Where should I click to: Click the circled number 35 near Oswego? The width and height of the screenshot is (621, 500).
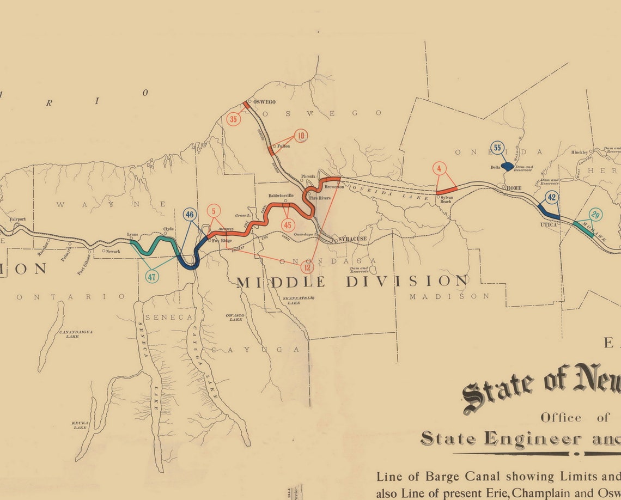pyautogui.click(x=234, y=119)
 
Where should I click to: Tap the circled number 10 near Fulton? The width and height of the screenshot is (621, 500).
pyautogui.click(x=301, y=136)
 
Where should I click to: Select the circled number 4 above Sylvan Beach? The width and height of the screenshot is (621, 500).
pyautogui.click(x=440, y=169)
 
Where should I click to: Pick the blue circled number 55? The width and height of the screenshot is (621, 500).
pyautogui.click(x=497, y=148)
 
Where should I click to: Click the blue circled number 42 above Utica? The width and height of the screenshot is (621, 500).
pyautogui.click(x=552, y=197)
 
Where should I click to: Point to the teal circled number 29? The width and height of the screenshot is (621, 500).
pyautogui.click(x=596, y=214)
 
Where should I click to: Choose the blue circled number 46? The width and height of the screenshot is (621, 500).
pyautogui.click(x=190, y=215)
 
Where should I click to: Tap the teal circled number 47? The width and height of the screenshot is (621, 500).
pyautogui.click(x=152, y=276)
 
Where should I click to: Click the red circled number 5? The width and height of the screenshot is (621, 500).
pyautogui.click(x=214, y=211)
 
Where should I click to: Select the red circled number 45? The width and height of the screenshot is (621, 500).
pyautogui.click(x=288, y=224)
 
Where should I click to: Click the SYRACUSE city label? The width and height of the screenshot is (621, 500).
pyautogui.click(x=352, y=239)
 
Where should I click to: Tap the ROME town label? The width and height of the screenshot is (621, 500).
pyautogui.click(x=514, y=188)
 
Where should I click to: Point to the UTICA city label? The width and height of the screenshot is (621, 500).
pyautogui.click(x=549, y=224)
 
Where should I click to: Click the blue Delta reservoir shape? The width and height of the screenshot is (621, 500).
pyautogui.click(x=507, y=166)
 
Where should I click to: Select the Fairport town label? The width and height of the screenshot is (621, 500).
pyautogui.click(x=17, y=219)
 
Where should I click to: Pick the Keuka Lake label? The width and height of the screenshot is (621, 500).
pyautogui.click(x=80, y=425)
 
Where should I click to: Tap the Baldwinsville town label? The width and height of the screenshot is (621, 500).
pyautogui.click(x=281, y=195)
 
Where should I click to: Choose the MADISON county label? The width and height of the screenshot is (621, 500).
pyautogui.click(x=449, y=296)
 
